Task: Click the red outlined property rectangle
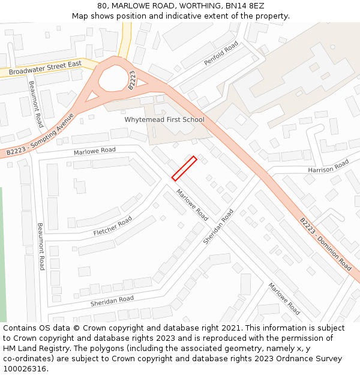[x=184, y=168]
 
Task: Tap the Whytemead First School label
[x=164, y=119]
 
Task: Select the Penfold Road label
[x=221, y=53]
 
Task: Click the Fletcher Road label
[x=113, y=226]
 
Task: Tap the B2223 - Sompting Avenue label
[x=40, y=134]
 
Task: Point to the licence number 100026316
[x=25, y=368]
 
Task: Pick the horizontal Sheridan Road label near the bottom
[x=112, y=301]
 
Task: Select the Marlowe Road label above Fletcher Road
[x=95, y=151]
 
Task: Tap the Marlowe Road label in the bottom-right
[x=284, y=298]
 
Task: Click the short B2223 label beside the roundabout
[x=132, y=80]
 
